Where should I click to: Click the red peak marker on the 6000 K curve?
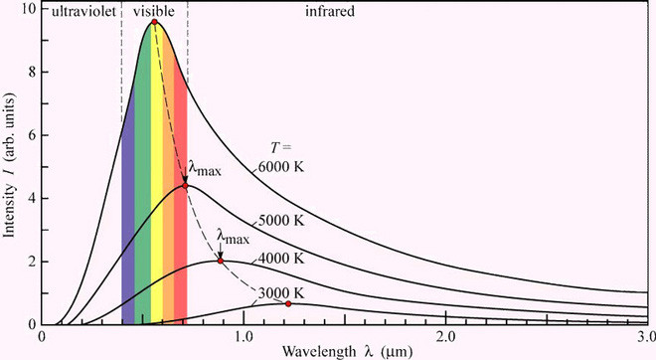[154, 22]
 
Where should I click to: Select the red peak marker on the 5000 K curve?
[185, 186]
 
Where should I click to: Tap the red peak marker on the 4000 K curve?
[221, 262]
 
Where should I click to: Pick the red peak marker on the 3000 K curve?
[288, 304]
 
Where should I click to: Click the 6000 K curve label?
[281, 167]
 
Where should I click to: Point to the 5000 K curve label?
[281, 220]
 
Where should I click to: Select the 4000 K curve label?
[281, 259]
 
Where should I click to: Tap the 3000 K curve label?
[281, 293]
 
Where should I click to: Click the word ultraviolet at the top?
[83, 11]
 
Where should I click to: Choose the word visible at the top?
[154, 11]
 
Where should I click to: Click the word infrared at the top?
[330, 11]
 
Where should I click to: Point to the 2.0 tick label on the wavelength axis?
[445, 337]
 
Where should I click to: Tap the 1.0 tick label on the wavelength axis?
[244, 337]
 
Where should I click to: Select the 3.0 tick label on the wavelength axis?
[647, 337]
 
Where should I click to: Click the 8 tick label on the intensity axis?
[32, 72]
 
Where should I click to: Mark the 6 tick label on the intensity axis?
[32, 135]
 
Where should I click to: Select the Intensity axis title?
[9, 165]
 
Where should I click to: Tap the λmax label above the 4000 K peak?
[233, 237]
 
